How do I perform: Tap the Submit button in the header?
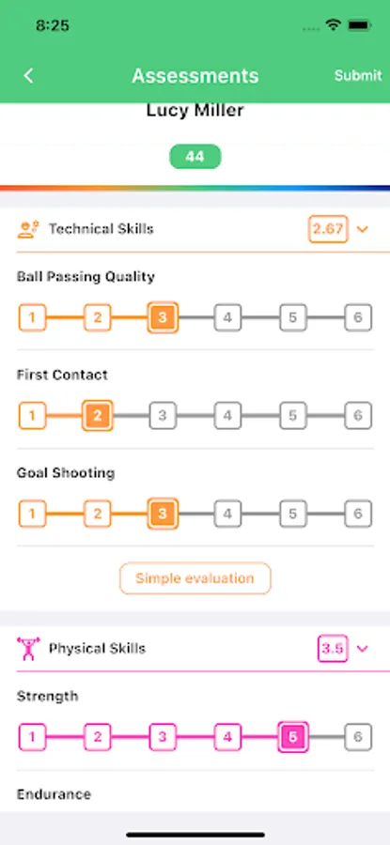pos(358,75)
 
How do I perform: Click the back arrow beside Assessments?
pos(28,76)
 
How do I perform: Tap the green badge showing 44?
pos(195,157)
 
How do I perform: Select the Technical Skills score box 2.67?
pos(328,229)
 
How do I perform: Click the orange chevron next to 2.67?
pos(363,229)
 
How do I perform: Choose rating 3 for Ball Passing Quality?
pos(163,317)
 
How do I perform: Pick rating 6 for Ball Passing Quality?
pos(358,317)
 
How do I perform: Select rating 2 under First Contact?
pos(97,416)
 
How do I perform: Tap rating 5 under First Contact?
pos(293,416)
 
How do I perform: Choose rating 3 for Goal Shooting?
pos(163,514)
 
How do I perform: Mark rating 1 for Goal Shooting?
pos(32,514)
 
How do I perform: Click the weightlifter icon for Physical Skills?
pos(28,648)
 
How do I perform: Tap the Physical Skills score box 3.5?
pos(333,648)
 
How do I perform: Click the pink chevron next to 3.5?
pos(363,648)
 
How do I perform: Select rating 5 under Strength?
pos(293,737)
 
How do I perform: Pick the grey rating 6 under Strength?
pos(358,737)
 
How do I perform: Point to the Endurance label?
pos(54,794)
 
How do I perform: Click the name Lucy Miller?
pos(195,111)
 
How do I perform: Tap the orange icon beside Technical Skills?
pos(28,229)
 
